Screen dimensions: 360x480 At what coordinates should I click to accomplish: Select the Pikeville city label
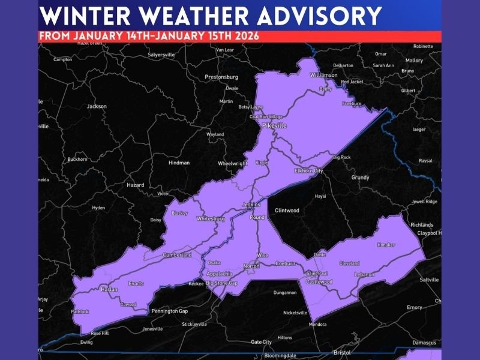[274, 125]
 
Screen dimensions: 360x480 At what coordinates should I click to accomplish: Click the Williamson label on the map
[324, 75]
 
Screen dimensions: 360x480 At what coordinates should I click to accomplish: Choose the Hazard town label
[135, 185]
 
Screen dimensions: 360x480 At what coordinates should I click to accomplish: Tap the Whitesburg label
[211, 219]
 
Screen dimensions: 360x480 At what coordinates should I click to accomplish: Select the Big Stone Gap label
[222, 283]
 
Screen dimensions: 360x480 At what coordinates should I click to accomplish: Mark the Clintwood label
[287, 211]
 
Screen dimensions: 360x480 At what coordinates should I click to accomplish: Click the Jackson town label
[97, 106]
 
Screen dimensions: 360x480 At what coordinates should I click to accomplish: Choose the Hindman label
[179, 163]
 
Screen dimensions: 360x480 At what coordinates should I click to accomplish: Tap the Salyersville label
[161, 55]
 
